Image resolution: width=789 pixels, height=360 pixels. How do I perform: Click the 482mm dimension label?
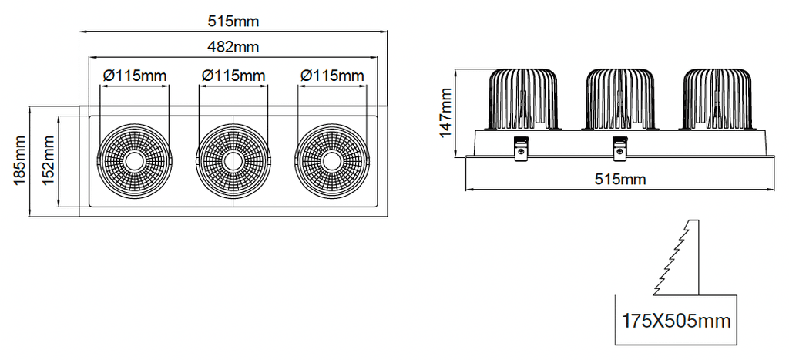click(x=233, y=47)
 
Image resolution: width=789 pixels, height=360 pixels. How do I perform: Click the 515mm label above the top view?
click(x=233, y=22)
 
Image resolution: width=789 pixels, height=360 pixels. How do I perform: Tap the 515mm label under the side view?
click(x=620, y=180)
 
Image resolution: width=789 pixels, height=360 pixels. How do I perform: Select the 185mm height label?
click(x=20, y=160)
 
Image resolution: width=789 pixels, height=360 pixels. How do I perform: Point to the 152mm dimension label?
click(x=49, y=160)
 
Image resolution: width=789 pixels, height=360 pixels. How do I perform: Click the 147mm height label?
click(x=445, y=113)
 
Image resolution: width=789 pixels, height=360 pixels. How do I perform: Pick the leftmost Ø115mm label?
click(x=134, y=76)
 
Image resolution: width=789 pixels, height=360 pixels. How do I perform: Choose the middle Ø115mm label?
click(x=233, y=76)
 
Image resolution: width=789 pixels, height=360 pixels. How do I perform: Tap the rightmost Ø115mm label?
click(x=331, y=76)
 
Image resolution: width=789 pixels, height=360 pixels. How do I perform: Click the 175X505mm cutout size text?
click(x=676, y=321)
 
